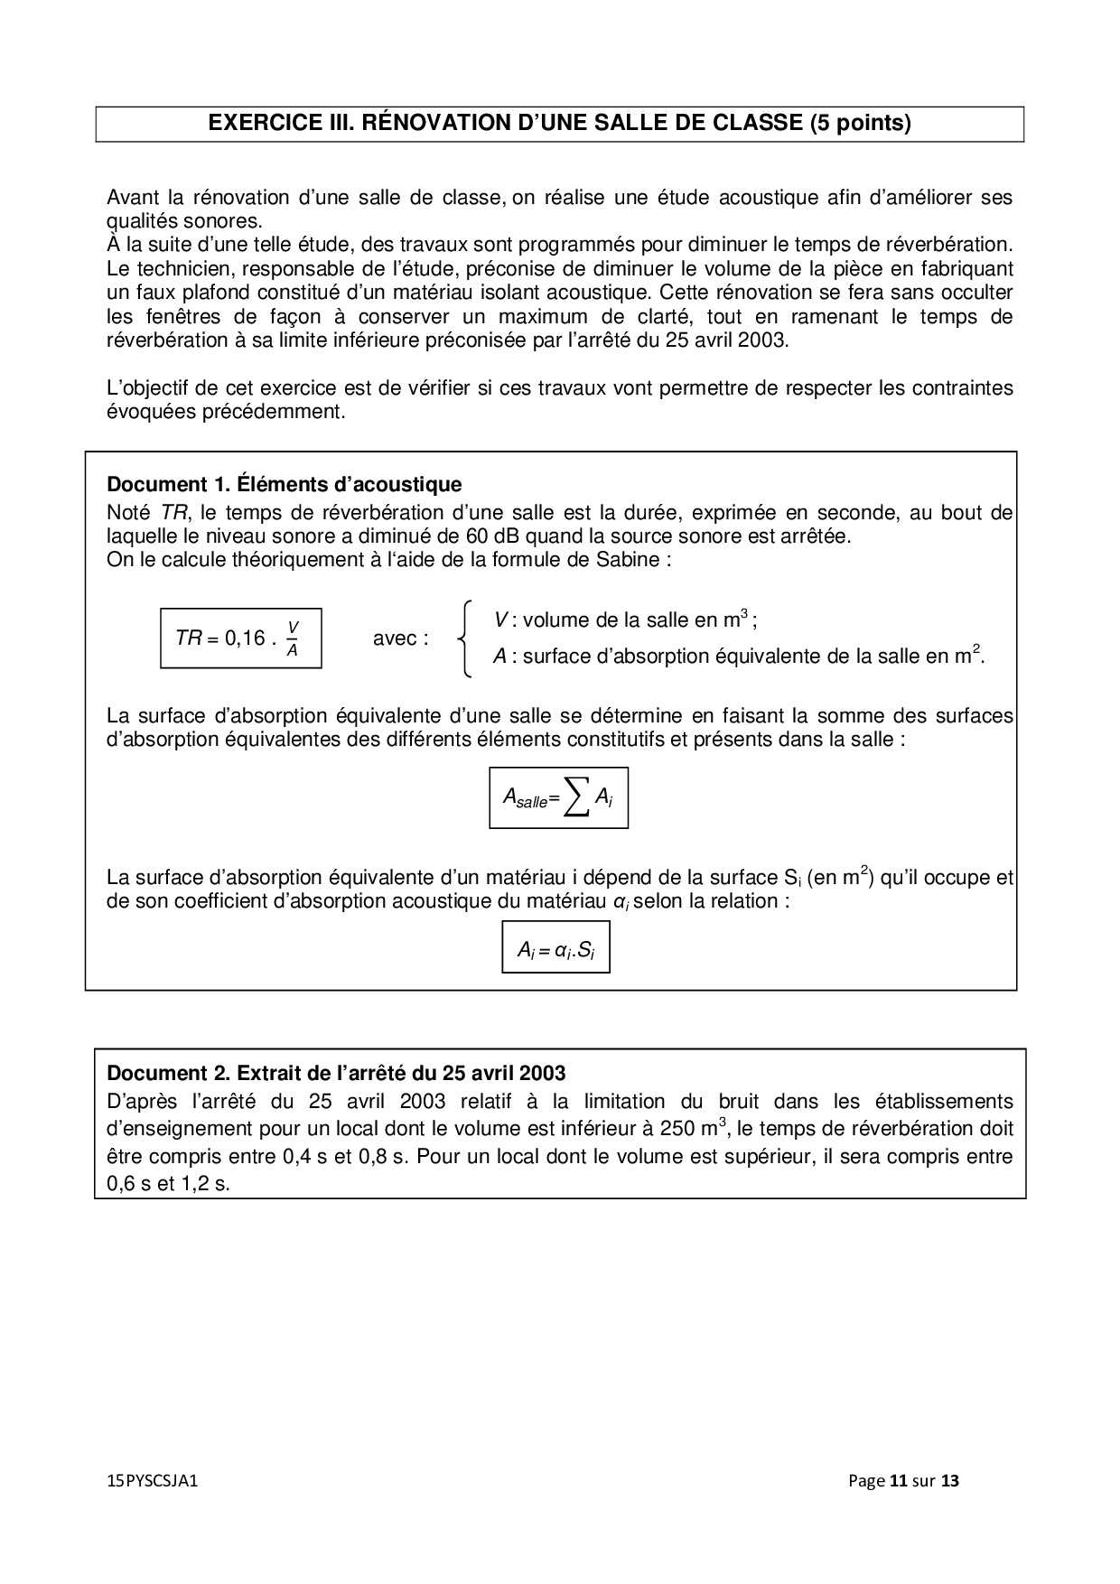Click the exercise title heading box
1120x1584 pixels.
(x=559, y=124)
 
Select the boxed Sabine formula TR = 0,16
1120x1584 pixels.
(x=240, y=638)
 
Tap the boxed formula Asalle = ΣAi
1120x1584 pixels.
(x=558, y=797)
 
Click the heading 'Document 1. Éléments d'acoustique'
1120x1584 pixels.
(x=284, y=485)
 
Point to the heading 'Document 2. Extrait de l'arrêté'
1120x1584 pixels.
(x=336, y=1073)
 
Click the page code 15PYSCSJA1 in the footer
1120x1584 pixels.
(x=152, y=1481)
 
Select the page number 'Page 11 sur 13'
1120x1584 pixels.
(x=903, y=1481)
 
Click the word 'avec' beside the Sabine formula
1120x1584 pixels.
(x=395, y=638)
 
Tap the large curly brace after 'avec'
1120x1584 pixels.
(x=464, y=638)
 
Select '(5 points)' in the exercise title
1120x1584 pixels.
(x=861, y=124)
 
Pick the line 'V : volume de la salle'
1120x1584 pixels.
(x=625, y=620)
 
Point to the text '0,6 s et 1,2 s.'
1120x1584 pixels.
(x=168, y=1183)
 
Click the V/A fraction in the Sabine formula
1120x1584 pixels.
(x=292, y=638)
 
